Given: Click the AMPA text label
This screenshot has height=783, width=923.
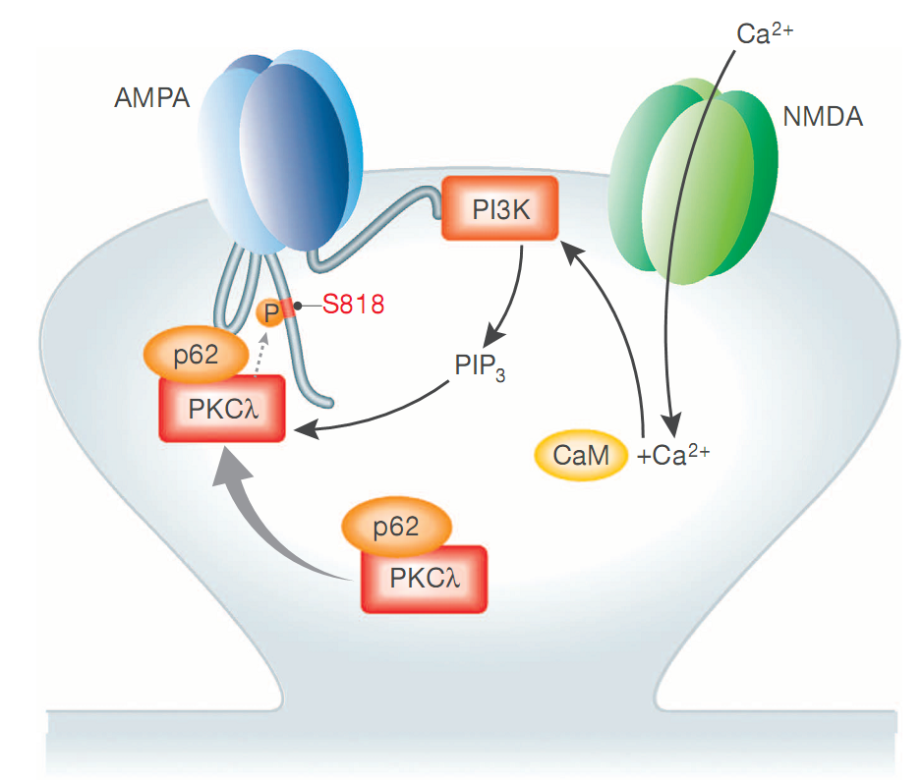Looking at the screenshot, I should tap(151, 99).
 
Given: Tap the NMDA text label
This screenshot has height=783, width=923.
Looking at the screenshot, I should tap(823, 118).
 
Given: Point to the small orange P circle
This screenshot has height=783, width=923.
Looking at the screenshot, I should tap(269, 313).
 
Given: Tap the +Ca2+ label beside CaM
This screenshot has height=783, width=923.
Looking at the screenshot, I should tap(673, 456).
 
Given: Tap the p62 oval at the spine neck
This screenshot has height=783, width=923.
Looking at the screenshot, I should tap(394, 528).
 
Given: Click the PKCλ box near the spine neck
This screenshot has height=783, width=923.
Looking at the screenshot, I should tap(424, 578).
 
